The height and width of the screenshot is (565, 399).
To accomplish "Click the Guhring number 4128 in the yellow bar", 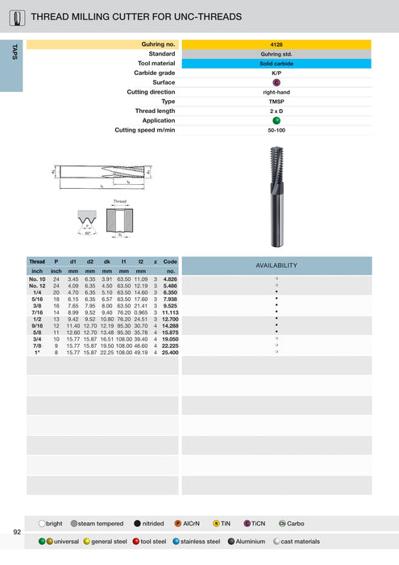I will coord(276,45).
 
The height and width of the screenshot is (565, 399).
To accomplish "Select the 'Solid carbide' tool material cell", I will coord(276,63).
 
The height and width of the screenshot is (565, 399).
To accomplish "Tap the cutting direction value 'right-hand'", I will coord(276,92).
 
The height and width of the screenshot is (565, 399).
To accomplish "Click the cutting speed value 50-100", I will coord(276,130).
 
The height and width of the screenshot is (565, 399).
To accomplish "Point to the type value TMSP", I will coord(276,102).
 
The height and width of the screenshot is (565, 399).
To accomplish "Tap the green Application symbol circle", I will coord(276,120).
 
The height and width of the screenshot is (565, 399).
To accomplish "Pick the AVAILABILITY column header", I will coord(276,265).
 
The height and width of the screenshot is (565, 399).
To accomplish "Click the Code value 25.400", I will coord(170,353).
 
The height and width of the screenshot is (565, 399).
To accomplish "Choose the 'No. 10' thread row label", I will coord(37,278).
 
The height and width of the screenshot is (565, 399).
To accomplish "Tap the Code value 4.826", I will coord(170,278).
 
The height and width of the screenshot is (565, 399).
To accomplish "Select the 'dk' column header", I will coord(107,262).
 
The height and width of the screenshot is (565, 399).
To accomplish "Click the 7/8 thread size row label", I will coord(37,346).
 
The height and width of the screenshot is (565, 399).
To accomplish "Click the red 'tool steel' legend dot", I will coord(136,542).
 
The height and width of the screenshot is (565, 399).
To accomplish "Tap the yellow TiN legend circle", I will coord(216,523).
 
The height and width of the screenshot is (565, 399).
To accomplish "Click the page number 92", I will coord(17,532).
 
